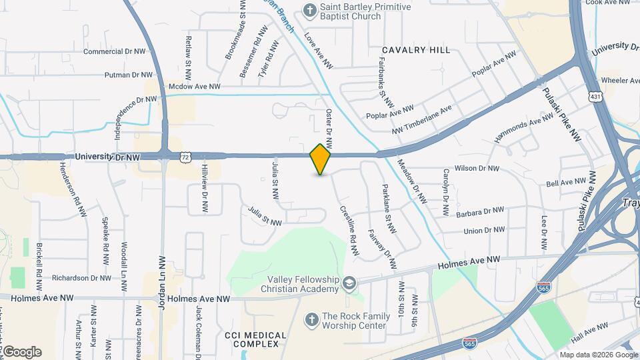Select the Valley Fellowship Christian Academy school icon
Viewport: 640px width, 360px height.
pos(348,285)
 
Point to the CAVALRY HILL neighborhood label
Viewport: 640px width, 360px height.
pos(416,50)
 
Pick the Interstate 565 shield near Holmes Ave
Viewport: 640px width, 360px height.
pos(543,287)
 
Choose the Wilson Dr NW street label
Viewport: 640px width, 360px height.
pos(476,169)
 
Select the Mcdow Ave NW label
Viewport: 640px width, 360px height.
pos(194,87)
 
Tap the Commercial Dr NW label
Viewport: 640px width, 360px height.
pos(114,51)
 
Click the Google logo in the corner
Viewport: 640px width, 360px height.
pos(21,352)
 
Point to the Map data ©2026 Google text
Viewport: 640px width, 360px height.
pos(599,355)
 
